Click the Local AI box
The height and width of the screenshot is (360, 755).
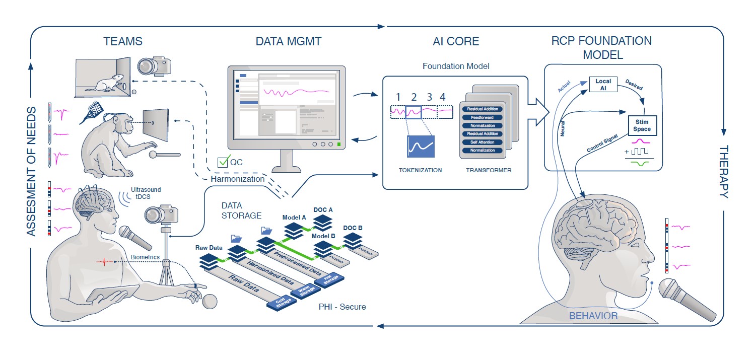tap(603, 85)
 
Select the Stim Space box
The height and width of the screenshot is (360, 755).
tap(642, 125)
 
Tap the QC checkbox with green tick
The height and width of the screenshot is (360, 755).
tap(223, 162)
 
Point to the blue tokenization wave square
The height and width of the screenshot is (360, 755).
tap(421, 147)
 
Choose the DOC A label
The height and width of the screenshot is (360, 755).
tap(324, 209)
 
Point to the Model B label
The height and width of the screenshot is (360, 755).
tap(323, 236)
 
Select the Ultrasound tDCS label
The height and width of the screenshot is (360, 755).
tap(146, 193)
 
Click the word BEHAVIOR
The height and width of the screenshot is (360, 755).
tap(593, 316)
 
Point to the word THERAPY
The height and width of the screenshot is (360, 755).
tap(723, 172)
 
